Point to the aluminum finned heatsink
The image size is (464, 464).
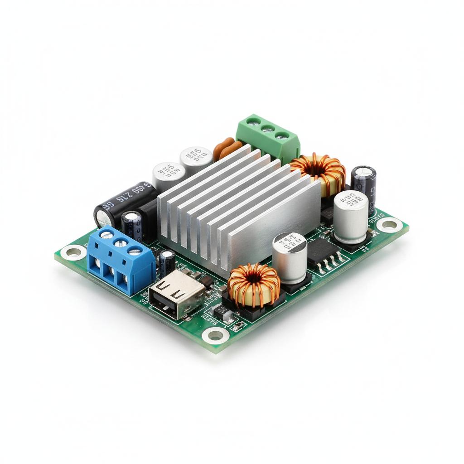pos(240,208)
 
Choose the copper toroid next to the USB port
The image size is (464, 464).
pos(254,285)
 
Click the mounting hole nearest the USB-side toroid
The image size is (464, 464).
pos(215,335)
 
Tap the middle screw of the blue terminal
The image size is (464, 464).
pos(121,242)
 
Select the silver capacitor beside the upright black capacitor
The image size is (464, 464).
pos(351,217)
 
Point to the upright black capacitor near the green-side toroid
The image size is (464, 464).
pos(363,184)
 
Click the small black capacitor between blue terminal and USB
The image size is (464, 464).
pos(167,263)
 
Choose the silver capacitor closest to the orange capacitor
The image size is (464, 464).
pos(196,159)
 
